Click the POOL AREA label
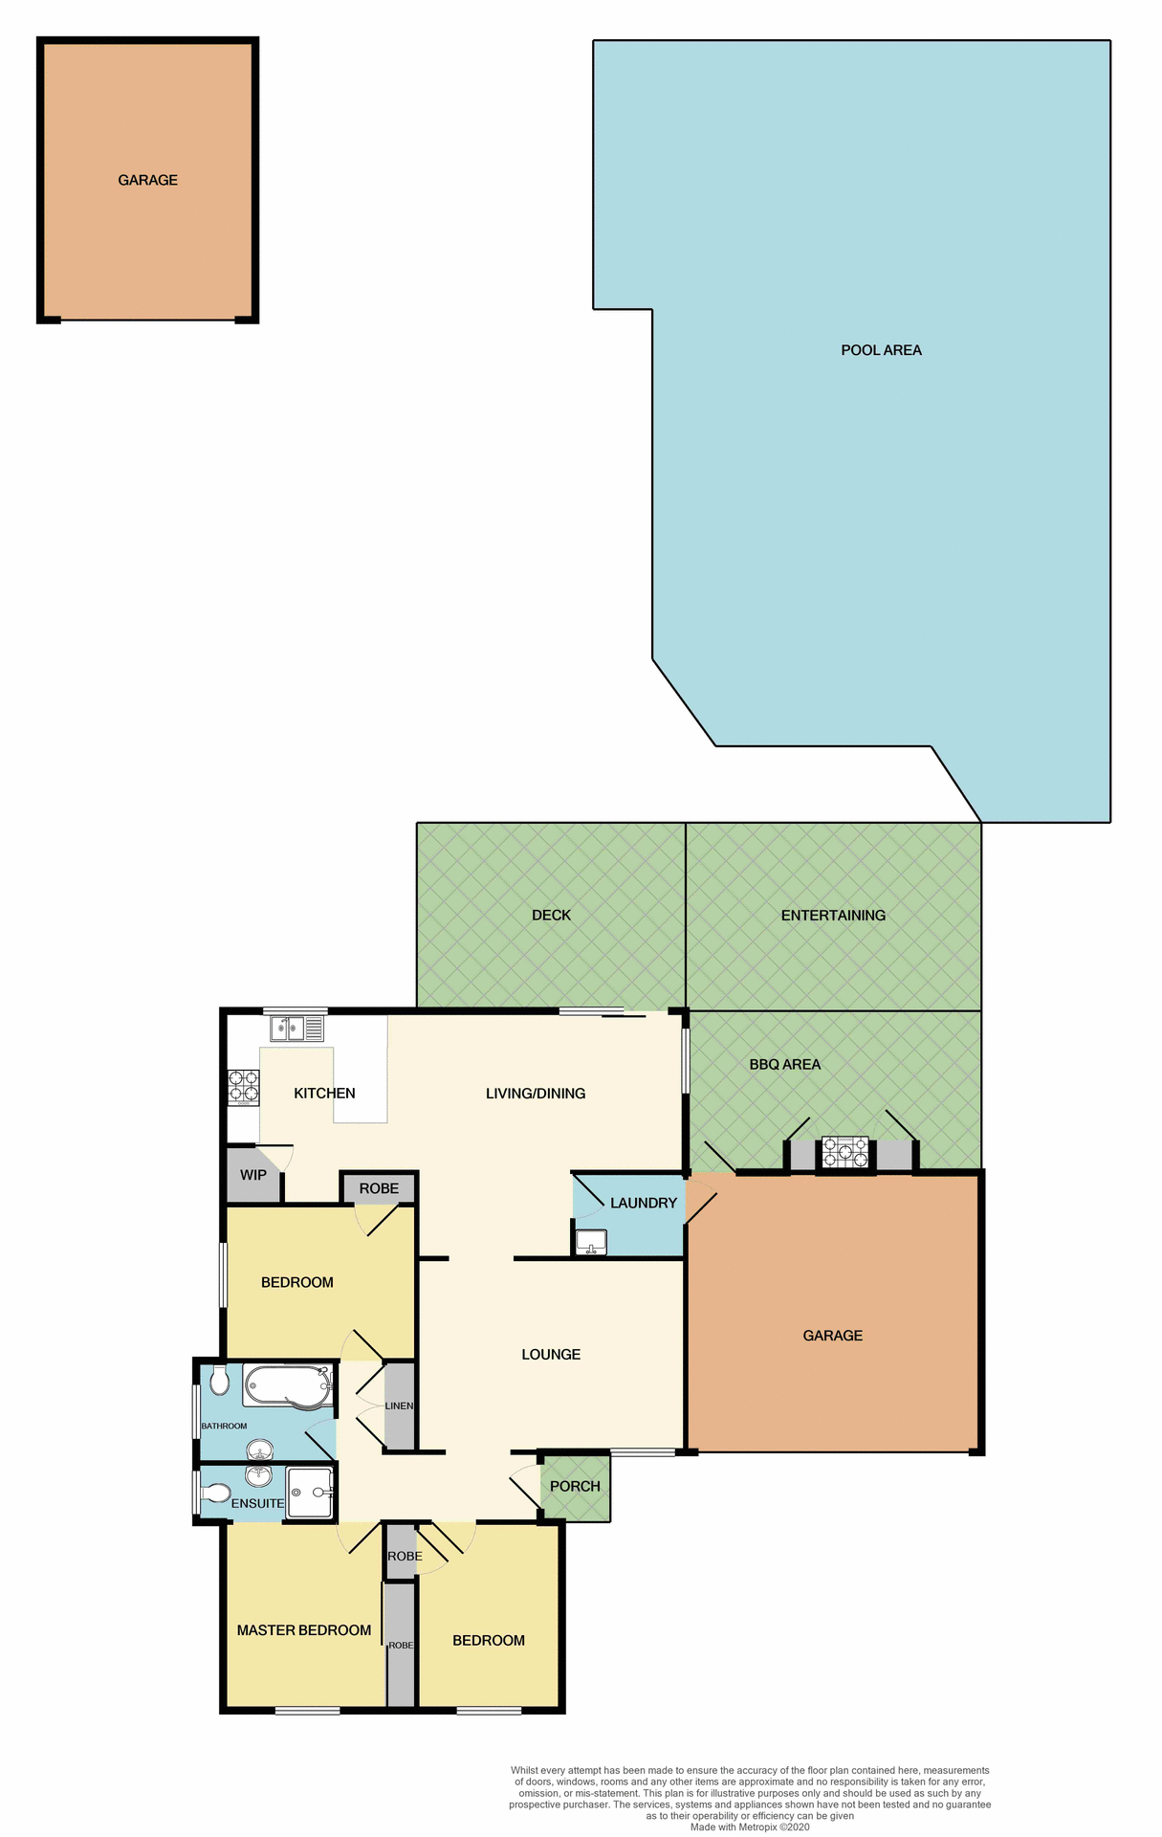pyautogui.click(x=881, y=350)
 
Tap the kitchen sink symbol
pyautogui.click(x=296, y=1029)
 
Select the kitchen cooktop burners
pyautogui.click(x=243, y=1088)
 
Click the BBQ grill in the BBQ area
pyautogui.click(x=845, y=1152)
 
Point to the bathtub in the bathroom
pyautogui.click(x=286, y=1384)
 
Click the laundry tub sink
pyautogui.click(x=591, y=1242)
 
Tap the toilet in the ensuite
pyautogui.click(x=216, y=1494)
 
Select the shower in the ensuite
pyautogui.click(x=311, y=1492)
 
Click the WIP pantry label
pyautogui.click(x=253, y=1175)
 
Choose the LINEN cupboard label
pyautogui.click(x=399, y=1405)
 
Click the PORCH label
pyautogui.click(x=575, y=1486)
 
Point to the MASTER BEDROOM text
pyautogui.click(x=304, y=1630)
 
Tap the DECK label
pyautogui.click(x=551, y=916)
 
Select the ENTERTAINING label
pyautogui.click(x=833, y=916)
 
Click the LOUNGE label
pyautogui.click(x=551, y=1354)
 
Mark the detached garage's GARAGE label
pyautogui.click(x=147, y=180)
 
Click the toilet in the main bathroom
pyautogui.click(x=219, y=1381)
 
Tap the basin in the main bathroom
pyautogui.click(x=259, y=1448)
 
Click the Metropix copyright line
pyautogui.click(x=750, y=1826)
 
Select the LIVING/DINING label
pyautogui.click(x=536, y=1094)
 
